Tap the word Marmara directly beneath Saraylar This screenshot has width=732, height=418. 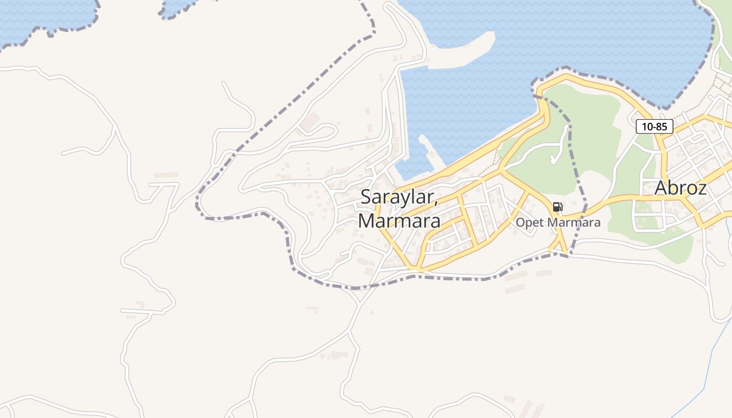(x=399, y=221)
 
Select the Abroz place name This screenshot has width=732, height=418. (x=680, y=188)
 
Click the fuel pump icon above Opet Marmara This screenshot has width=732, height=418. (x=557, y=207)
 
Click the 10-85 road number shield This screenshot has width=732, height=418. (x=654, y=126)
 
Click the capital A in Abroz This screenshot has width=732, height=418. (x=662, y=188)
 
